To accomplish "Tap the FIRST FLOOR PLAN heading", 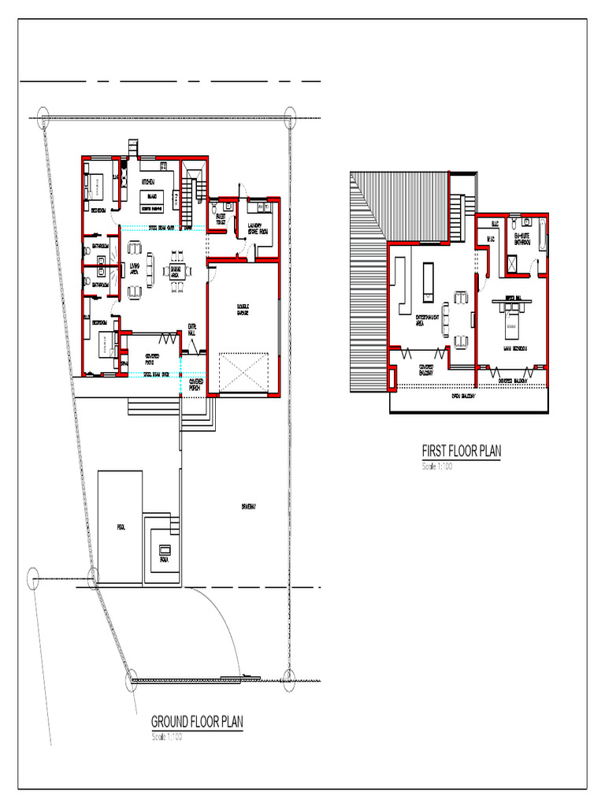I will pos(461,451).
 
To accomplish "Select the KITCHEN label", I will pos(148,182).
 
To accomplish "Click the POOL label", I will pos(121,527).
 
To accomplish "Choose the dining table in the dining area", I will pos(176,272).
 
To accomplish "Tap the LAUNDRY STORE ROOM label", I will pos(258,229).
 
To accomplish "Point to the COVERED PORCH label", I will pos(195,384).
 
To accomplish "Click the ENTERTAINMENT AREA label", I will pos(426,319).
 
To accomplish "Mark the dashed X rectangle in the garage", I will pos(243,371).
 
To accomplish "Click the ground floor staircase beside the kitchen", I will pos(187,201).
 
